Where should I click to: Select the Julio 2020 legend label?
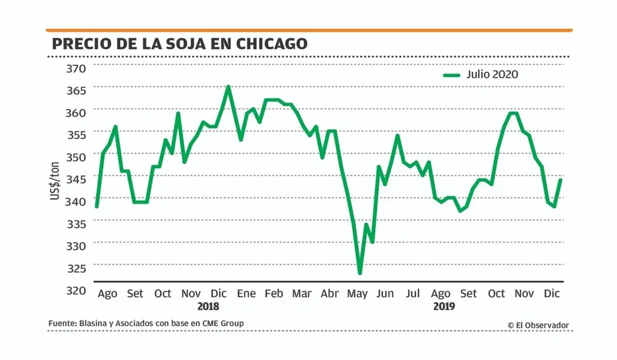coord(492,75)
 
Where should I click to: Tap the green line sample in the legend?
coord(452,75)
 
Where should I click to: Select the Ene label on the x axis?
coord(246,293)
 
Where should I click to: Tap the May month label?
coord(357,293)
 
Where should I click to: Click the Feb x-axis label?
coord(274,293)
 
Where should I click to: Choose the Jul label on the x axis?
coord(413,293)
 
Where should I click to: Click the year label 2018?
coord(208,306)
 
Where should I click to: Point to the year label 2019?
coord(444,306)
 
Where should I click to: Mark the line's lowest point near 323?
coord(360,273)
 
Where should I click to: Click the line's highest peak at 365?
coord(228,86)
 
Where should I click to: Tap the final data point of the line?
coord(561,180)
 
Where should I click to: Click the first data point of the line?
coord(97,206)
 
